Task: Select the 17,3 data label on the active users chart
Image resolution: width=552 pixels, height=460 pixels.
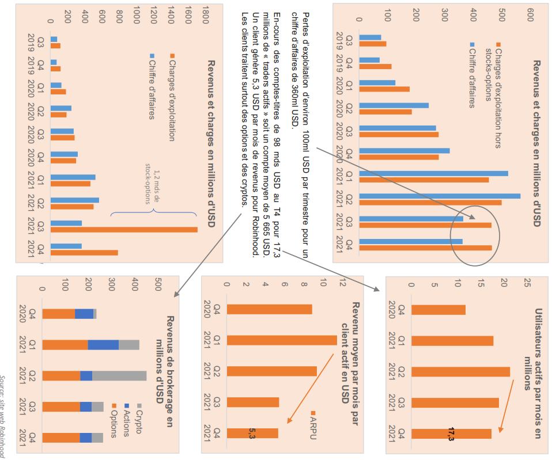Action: [x=451, y=434]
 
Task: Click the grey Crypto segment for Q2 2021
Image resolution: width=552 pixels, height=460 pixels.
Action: [x=119, y=375]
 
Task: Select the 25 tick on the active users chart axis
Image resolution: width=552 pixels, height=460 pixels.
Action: [x=527, y=283]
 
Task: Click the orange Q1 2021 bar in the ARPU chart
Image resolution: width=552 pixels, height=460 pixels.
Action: [x=282, y=340]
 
